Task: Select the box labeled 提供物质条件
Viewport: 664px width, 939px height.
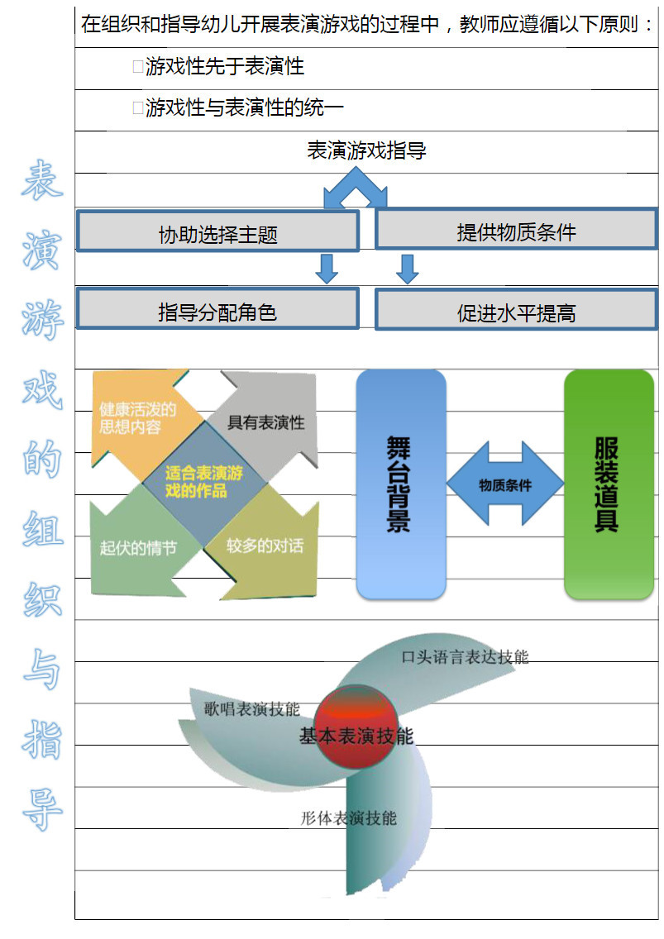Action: click(x=516, y=231)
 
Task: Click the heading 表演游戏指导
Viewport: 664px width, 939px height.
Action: click(x=366, y=151)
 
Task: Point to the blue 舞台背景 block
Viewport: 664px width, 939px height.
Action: click(x=401, y=484)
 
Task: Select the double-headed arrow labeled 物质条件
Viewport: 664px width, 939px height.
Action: click(x=505, y=484)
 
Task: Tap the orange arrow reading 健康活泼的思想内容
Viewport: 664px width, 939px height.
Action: click(x=136, y=418)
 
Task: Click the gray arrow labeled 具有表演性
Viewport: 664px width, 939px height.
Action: click(x=265, y=422)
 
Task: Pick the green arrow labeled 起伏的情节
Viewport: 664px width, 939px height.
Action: click(x=137, y=547)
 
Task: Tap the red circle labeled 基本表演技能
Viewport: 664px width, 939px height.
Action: click(x=356, y=731)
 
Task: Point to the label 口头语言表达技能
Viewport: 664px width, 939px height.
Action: click(x=465, y=657)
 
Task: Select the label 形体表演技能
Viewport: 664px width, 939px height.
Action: click(x=348, y=817)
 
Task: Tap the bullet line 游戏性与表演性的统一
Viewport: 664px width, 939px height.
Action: click(x=244, y=108)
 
